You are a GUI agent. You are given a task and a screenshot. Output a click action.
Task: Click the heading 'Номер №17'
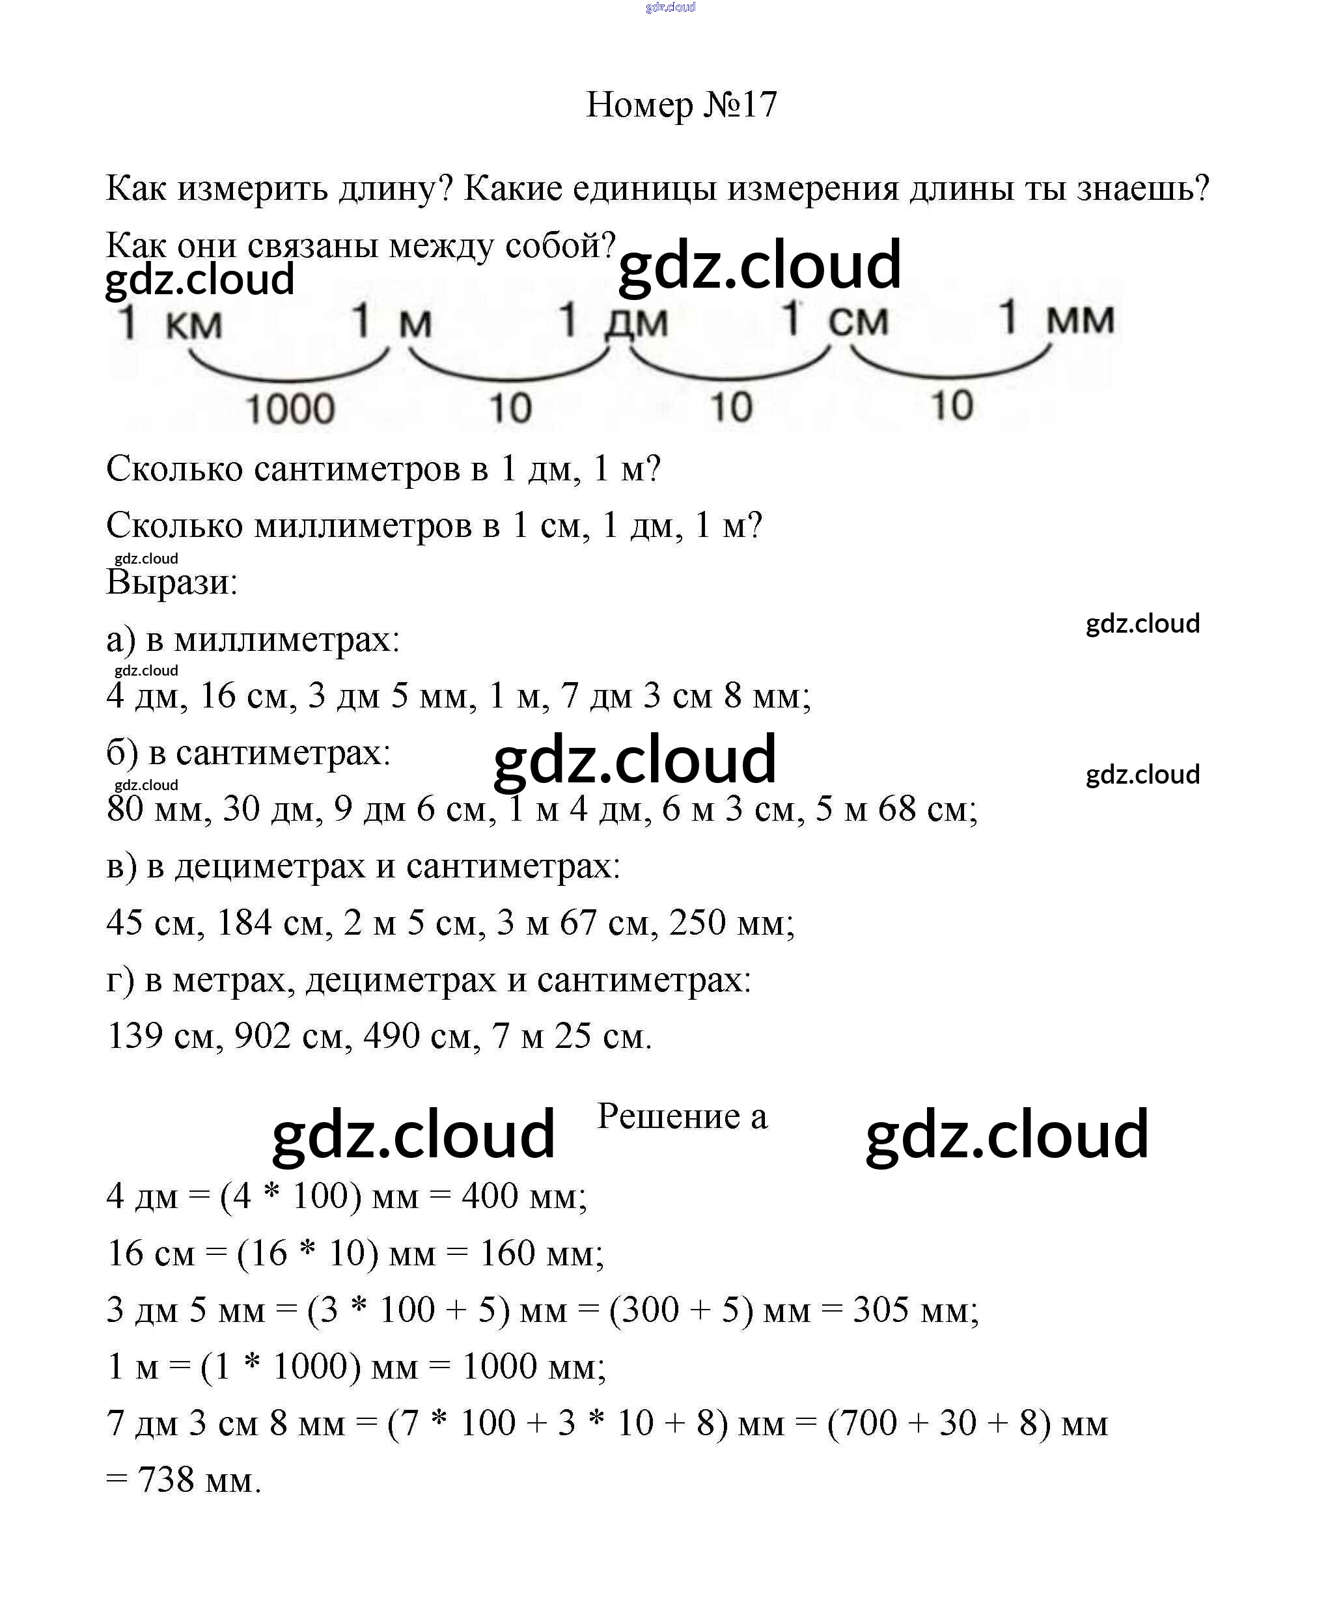coord(680,104)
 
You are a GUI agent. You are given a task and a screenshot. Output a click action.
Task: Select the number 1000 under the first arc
coord(290,408)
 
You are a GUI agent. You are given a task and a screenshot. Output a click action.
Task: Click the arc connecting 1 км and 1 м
coord(290,371)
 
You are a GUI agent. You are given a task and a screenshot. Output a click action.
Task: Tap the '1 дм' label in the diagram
coord(613,320)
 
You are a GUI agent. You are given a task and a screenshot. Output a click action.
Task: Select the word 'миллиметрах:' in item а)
coord(286,639)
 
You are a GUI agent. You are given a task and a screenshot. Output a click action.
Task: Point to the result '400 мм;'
coord(524,1196)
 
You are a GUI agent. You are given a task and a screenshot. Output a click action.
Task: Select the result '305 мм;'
coord(916,1310)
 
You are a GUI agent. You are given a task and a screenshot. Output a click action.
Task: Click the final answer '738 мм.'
coord(199,1480)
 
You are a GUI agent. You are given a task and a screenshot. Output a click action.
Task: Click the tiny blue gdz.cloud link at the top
coord(670,8)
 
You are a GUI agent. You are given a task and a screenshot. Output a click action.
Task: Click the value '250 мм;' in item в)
coord(732,922)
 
